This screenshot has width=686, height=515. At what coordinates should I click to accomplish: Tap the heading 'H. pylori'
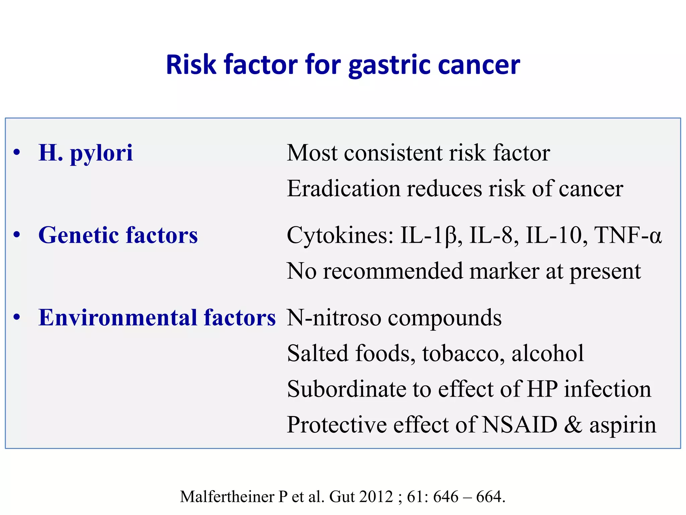pyautogui.click(x=86, y=153)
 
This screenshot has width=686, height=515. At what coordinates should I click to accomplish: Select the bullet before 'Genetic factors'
pyautogui.click(x=17, y=235)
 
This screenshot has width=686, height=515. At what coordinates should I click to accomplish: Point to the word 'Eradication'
pyautogui.click(x=344, y=188)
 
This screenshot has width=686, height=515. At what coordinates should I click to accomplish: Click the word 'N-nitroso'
pyautogui.click(x=334, y=318)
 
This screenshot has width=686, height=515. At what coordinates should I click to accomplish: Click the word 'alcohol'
pyautogui.click(x=548, y=353)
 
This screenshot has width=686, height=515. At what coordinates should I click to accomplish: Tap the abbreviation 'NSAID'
pyautogui.click(x=520, y=425)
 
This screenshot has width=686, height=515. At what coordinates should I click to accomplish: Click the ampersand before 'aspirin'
pyautogui.click(x=573, y=425)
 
